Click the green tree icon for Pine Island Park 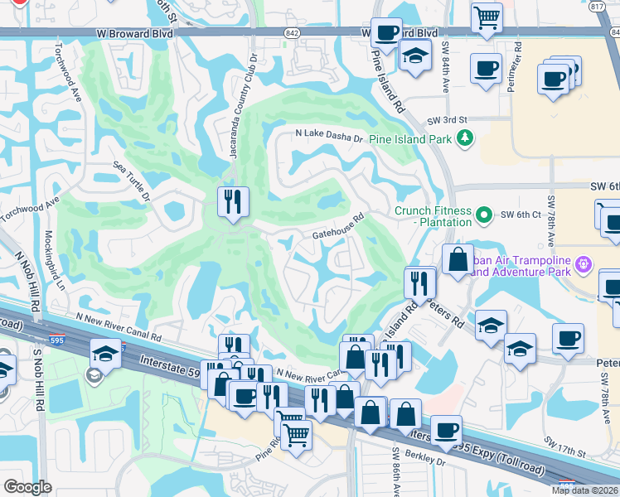(466, 138)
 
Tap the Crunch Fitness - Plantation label (434, 216)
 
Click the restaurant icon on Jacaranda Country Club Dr (233, 201)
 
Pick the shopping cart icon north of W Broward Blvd (487, 17)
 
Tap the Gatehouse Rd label (339, 229)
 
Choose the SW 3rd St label (448, 120)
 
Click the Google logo (27, 487)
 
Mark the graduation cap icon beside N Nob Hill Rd (105, 353)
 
